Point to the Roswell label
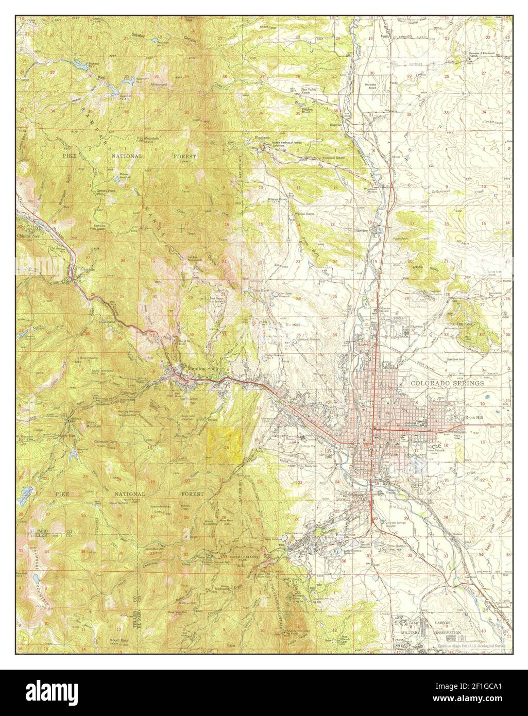(x=365, y=346)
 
